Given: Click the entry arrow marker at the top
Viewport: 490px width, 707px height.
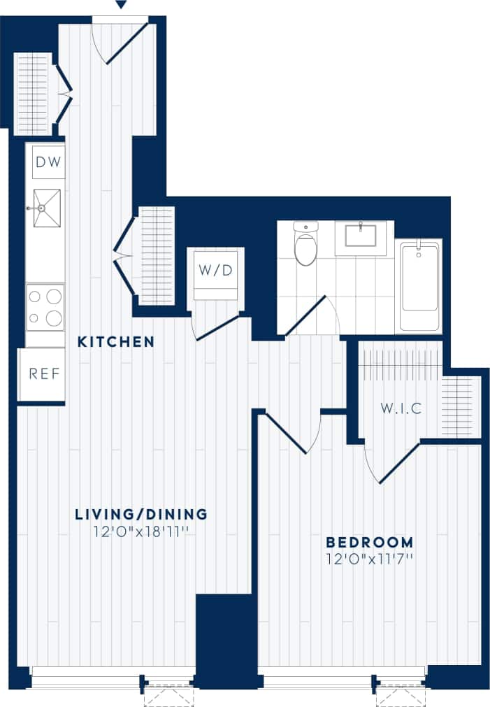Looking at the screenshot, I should tap(121, 6).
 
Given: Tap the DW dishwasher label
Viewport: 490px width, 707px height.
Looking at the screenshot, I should tap(48, 163).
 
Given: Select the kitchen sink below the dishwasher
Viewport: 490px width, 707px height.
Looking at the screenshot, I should tap(47, 208).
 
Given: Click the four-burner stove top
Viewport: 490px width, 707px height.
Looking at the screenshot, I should tap(45, 307).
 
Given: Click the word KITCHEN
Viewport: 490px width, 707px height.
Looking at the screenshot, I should tap(116, 342).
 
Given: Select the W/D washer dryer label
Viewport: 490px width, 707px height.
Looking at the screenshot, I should tap(215, 271).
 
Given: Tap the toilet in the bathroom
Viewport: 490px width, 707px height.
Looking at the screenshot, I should tap(305, 245).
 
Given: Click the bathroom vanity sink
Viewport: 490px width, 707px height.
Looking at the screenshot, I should tap(361, 236).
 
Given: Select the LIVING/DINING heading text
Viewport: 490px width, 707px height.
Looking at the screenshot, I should tap(141, 515).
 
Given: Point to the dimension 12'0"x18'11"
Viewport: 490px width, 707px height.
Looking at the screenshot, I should tap(141, 531).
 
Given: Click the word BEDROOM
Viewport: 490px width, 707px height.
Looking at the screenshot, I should tap(370, 542).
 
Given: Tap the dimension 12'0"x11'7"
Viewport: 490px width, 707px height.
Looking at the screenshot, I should tap(370, 559).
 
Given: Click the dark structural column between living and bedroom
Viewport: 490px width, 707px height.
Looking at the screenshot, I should tap(224, 636).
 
